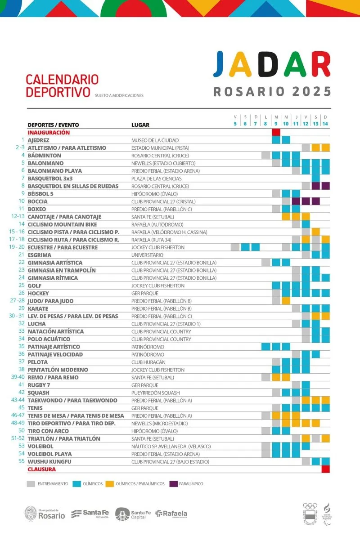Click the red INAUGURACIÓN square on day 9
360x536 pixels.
click(276, 132)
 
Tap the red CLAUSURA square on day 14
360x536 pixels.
click(325, 469)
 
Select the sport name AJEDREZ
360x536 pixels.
click(38, 140)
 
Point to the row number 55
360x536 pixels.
click(21, 461)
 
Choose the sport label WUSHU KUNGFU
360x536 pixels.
click(49, 462)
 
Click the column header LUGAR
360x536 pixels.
click(140, 125)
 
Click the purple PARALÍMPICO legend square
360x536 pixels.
click(173, 484)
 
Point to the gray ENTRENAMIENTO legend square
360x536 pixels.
click(31, 484)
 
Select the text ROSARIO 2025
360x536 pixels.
click(272, 91)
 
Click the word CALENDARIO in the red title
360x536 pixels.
click(62, 80)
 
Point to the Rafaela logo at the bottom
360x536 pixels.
click(171, 514)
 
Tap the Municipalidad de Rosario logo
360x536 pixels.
click(45, 514)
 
